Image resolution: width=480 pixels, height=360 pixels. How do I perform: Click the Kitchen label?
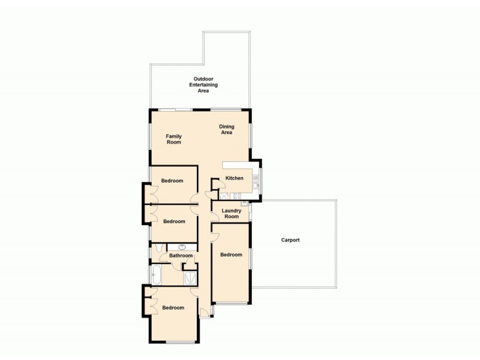pos(234,178)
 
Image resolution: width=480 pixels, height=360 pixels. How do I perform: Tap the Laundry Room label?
pos(231,213)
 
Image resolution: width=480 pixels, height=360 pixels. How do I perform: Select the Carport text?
pos(290,240)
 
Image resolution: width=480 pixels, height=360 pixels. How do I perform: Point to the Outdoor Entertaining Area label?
pos(203,85)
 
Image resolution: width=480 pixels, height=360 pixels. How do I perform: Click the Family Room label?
pos(174,140)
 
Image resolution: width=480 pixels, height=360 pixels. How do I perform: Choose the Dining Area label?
pos(226,129)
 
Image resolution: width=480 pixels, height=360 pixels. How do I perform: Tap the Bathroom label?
pos(181,256)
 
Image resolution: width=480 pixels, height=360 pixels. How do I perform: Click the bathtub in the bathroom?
pos(156,274)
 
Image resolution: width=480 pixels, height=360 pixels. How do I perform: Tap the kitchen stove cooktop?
pos(236,196)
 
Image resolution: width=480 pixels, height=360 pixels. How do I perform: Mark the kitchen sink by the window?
pos(256,184)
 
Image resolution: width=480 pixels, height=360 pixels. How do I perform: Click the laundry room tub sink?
pos(244,205)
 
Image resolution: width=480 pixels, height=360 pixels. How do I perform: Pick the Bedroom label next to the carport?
pos(231,255)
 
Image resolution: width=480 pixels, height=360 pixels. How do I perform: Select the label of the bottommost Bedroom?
pos(173,308)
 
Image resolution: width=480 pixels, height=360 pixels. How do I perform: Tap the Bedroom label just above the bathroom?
pos(174,221)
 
